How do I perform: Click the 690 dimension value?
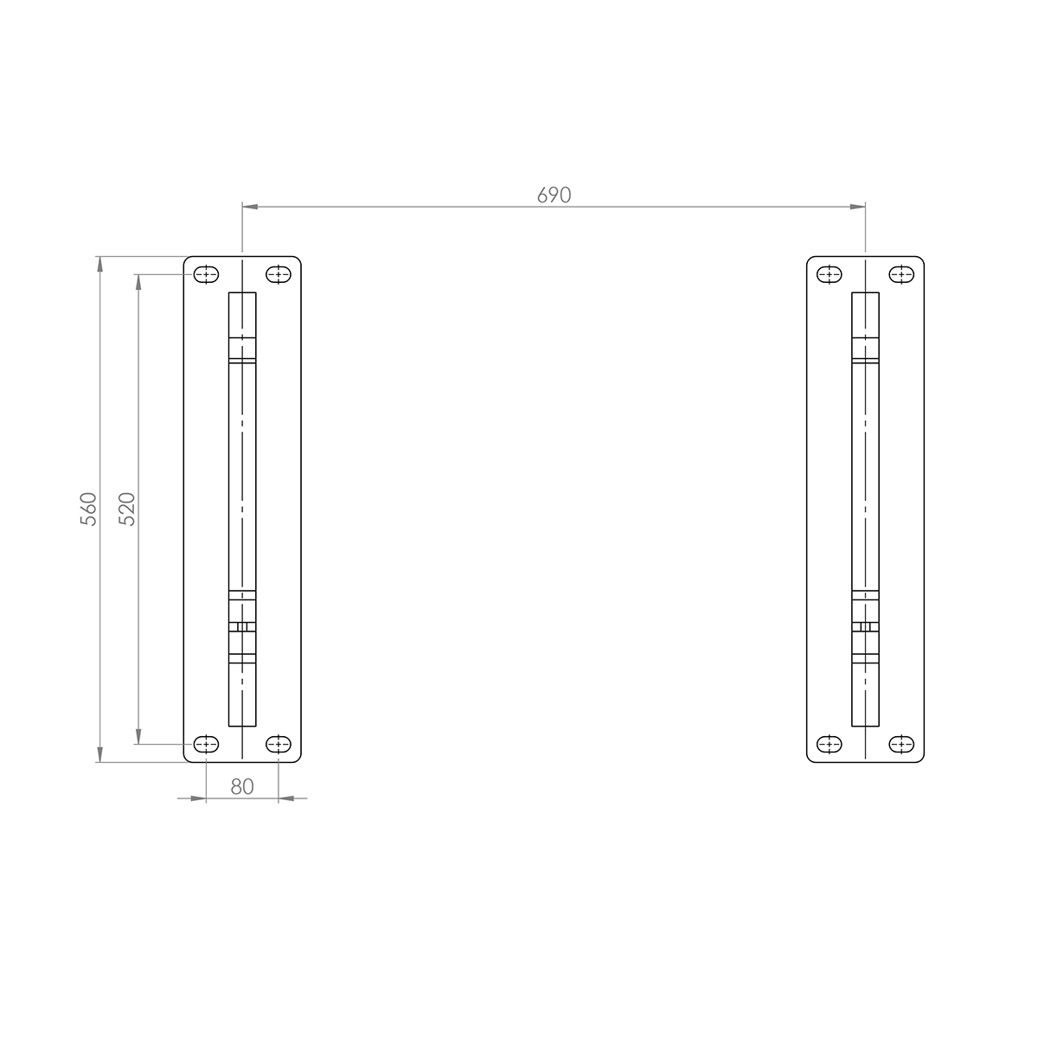(554, 195)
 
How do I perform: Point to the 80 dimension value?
(242, 786)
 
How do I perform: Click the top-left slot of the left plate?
(206, 275)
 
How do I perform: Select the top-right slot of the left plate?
(278, 275)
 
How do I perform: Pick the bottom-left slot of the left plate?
(206, 744)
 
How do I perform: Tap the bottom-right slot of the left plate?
(278, 744)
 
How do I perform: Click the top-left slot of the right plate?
(830, 275)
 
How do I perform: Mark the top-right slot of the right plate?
(901, 275)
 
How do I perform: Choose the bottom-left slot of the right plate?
(830, 744)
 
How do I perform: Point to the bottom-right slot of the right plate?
(901, 744)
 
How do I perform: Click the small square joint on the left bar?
(242, 626)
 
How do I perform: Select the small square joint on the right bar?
(865, 626)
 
